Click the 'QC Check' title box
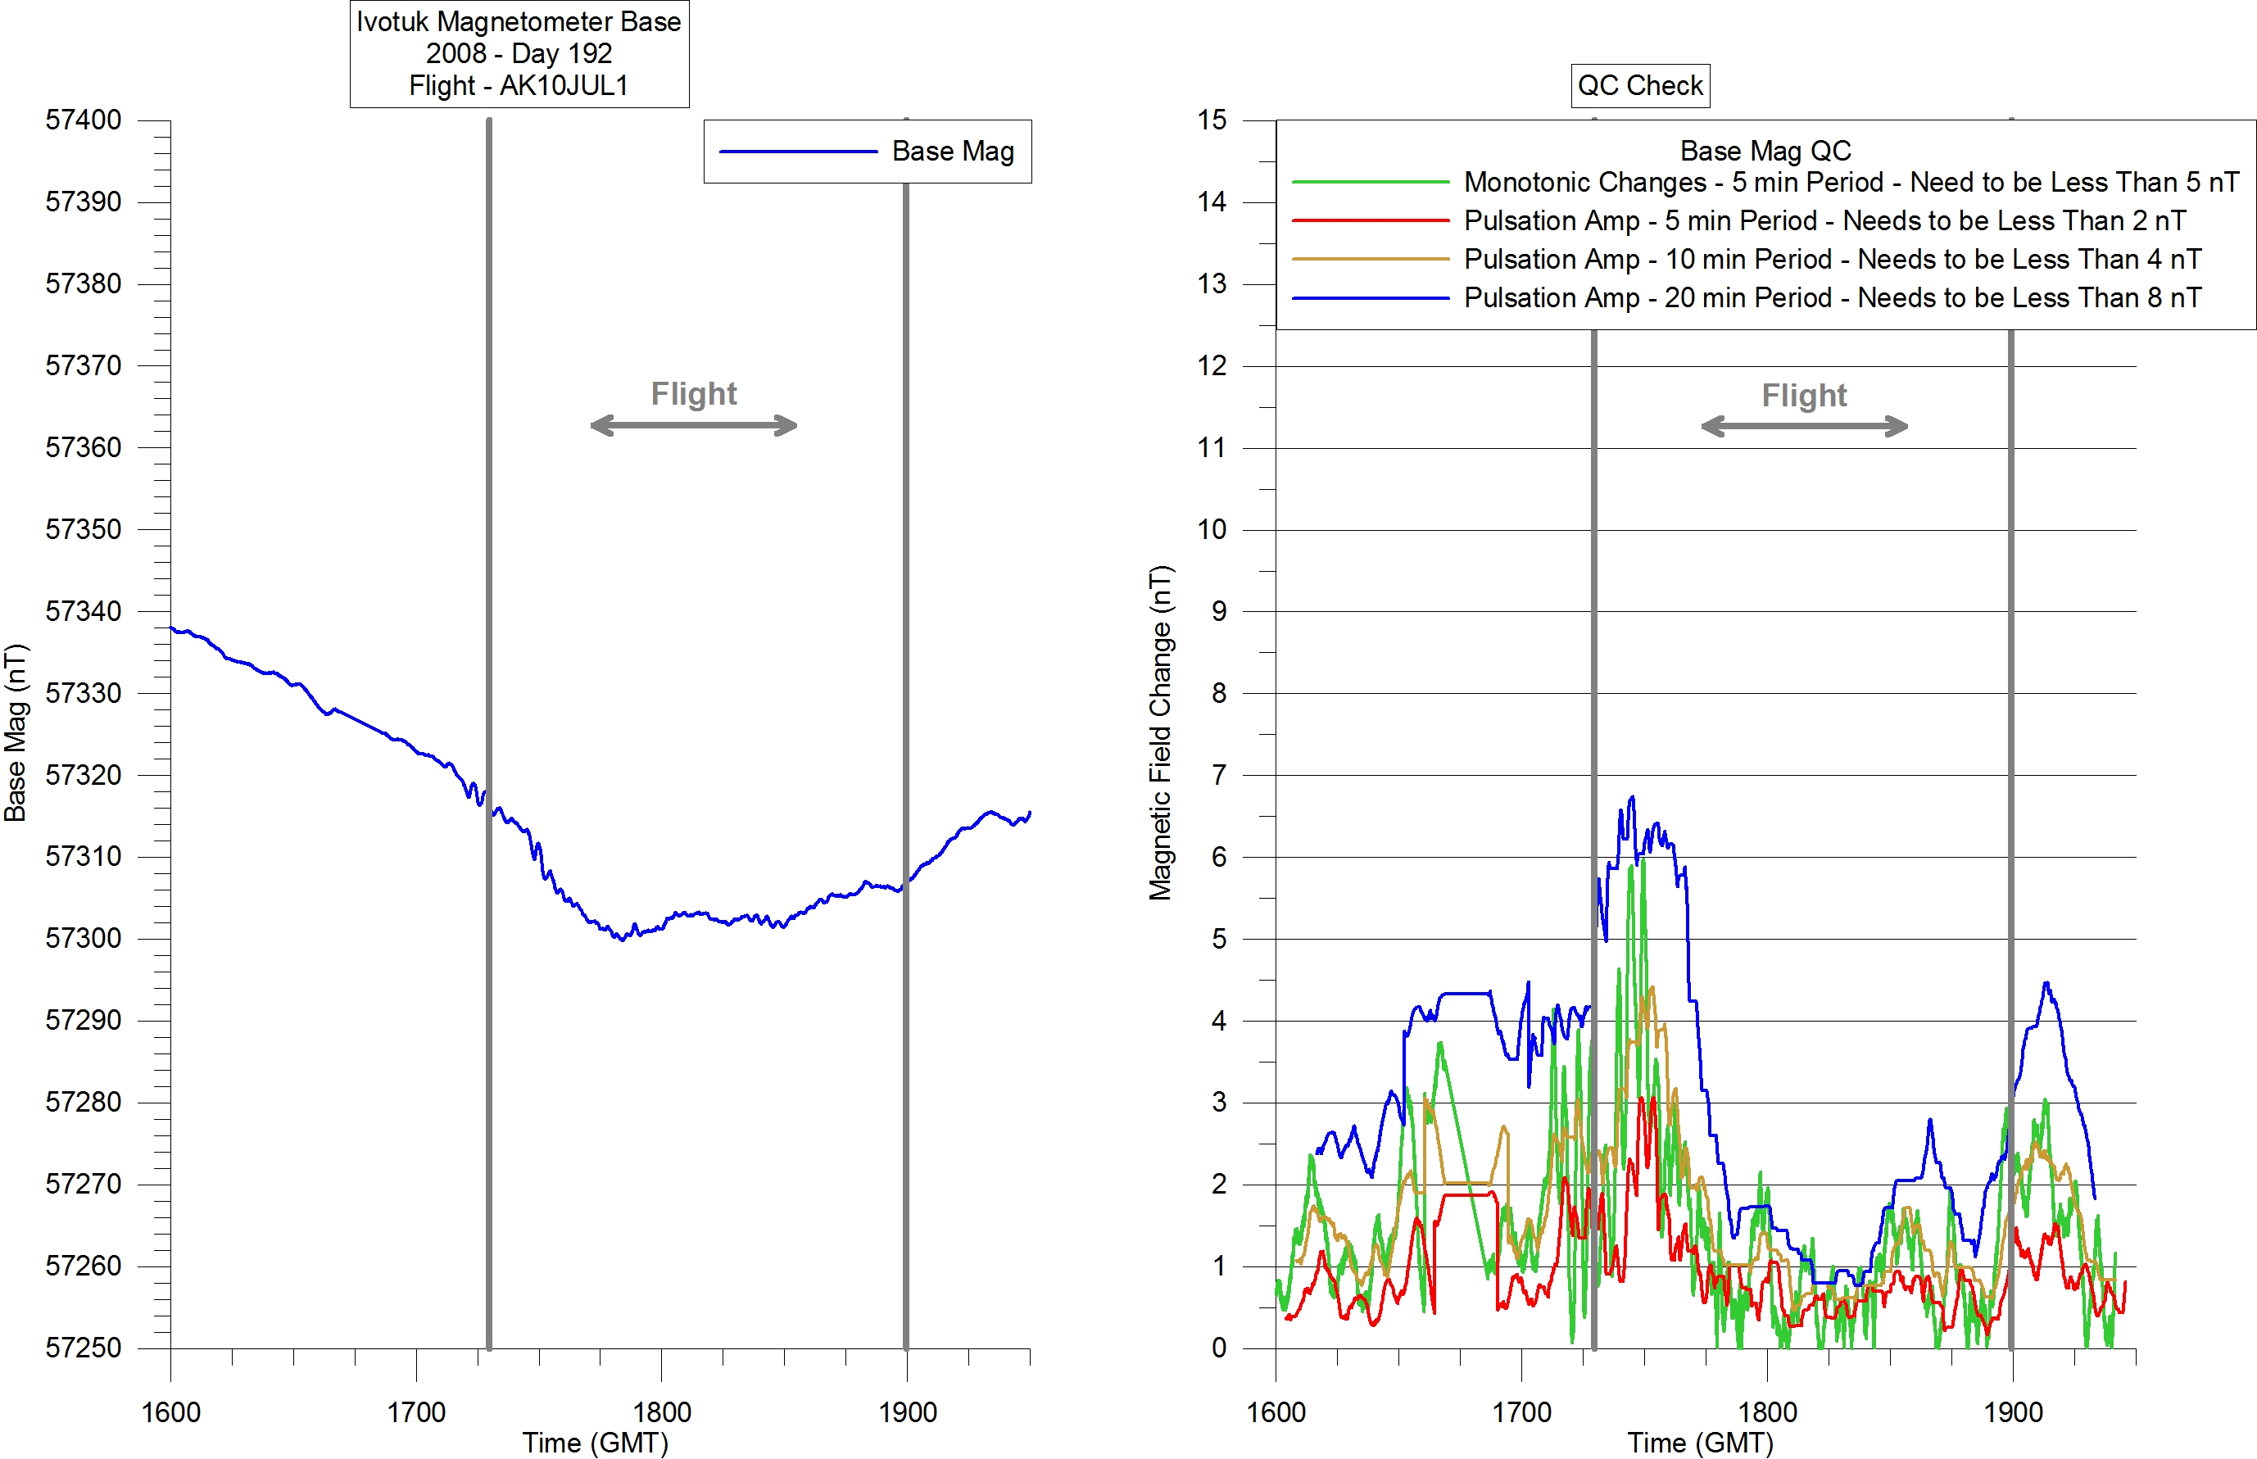[1639, 85]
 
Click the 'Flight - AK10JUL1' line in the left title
[519, 86]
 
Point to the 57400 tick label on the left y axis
[84, 120]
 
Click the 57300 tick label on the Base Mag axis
[84, 939]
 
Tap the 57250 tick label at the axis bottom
[84, 1348]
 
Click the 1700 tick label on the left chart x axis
[416, 1412]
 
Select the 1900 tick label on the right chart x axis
[2013, 1412]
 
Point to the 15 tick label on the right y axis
[1212, 120]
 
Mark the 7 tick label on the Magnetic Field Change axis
[1218, 776]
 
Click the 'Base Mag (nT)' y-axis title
[16, 733]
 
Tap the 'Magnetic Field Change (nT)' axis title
[1161, 733]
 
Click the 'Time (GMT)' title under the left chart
[595, 1443]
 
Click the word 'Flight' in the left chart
[694, 394]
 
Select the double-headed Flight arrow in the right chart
[1804, 426]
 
